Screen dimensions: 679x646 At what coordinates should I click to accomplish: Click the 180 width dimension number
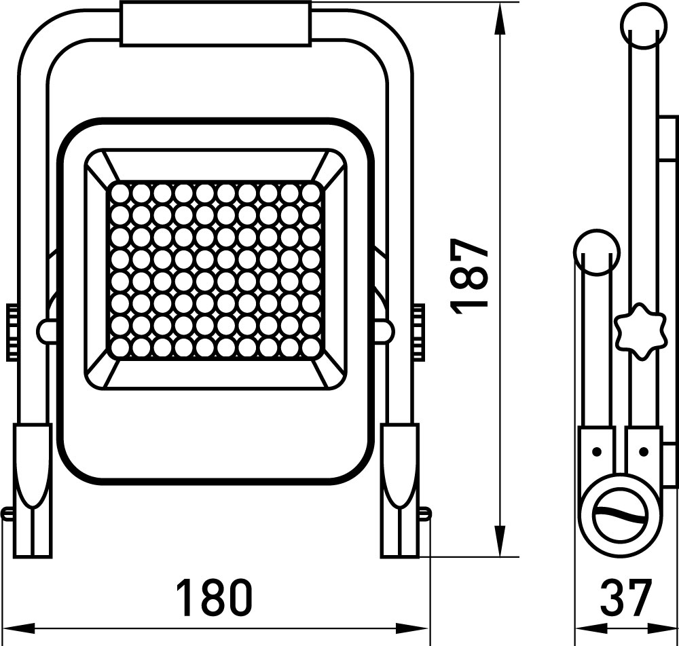[x=215, y=598]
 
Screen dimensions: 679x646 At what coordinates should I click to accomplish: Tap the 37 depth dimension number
[x=626, y=598]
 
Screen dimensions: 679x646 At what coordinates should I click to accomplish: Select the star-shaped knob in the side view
[x=639, y=331]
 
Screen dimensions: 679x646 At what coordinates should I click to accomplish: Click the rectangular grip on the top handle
[x=216, y=24]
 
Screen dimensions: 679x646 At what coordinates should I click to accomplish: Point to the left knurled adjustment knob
[x=12, y=332]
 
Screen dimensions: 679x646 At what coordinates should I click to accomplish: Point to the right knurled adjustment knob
[x=419, y=332]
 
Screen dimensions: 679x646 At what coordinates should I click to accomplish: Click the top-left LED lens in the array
[x=120, y=193]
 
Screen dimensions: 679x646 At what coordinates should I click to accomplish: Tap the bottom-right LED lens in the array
[x=310, y=347]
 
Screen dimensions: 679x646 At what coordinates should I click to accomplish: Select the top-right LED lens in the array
[x=310, y=193]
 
